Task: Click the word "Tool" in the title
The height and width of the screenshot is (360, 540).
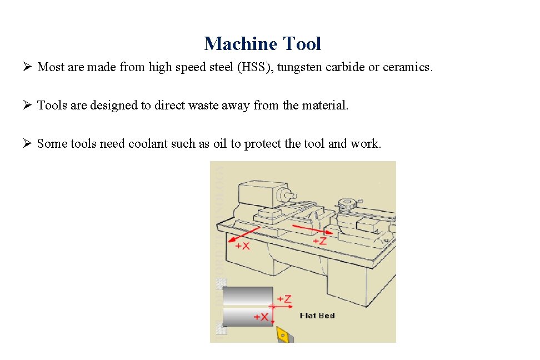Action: (x=302, y=43)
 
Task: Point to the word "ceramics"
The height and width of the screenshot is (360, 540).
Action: (x=407, y=67)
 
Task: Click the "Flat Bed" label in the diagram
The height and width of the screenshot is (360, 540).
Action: (x=317, y=316)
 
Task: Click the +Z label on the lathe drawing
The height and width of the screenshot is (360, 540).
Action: (x=319, y=241)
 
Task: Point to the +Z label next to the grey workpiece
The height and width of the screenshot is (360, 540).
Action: (x=284, y=299)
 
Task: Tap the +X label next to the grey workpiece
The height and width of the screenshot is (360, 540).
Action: (x=262, y=317)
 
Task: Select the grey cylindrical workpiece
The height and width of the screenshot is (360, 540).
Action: (x=247, y=306)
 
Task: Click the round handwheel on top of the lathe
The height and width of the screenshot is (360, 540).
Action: (x=347, y=204)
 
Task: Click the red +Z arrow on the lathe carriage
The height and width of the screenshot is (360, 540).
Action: (x=311, y=229)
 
